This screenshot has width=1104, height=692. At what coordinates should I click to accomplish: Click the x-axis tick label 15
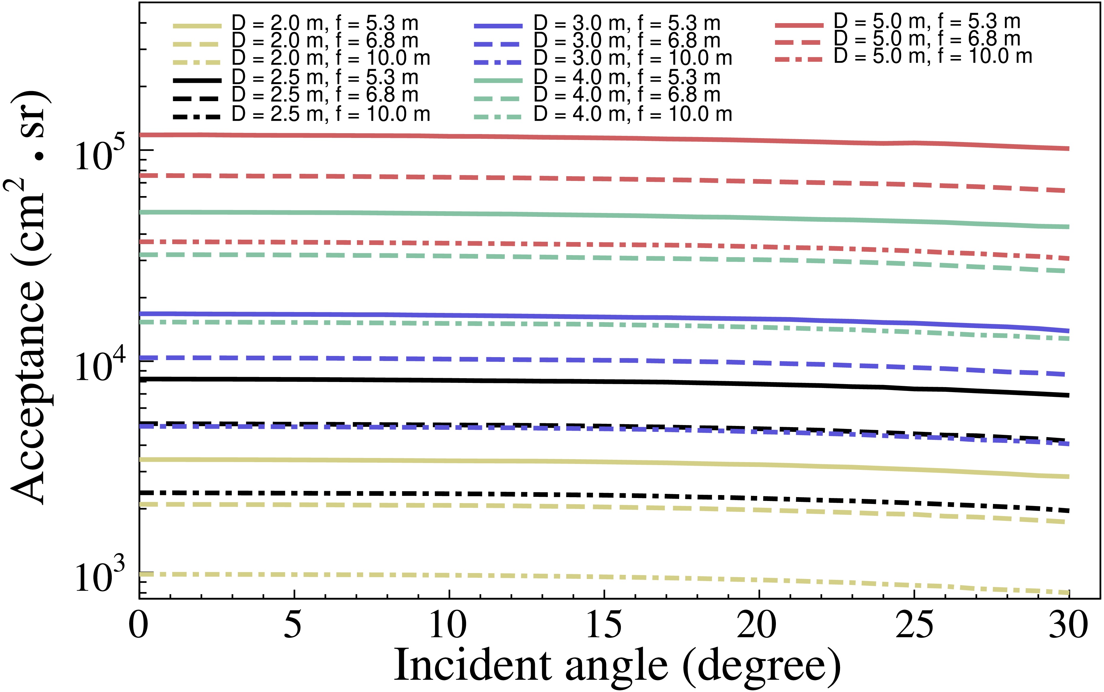(604, 625)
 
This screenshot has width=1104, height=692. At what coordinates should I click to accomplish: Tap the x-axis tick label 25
(914, 625)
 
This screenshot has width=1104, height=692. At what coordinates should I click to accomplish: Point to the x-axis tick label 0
(139, 625)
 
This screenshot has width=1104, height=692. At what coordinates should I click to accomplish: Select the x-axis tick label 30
(1069, 625)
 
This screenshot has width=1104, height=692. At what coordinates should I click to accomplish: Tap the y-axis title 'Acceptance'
(29, 298)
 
